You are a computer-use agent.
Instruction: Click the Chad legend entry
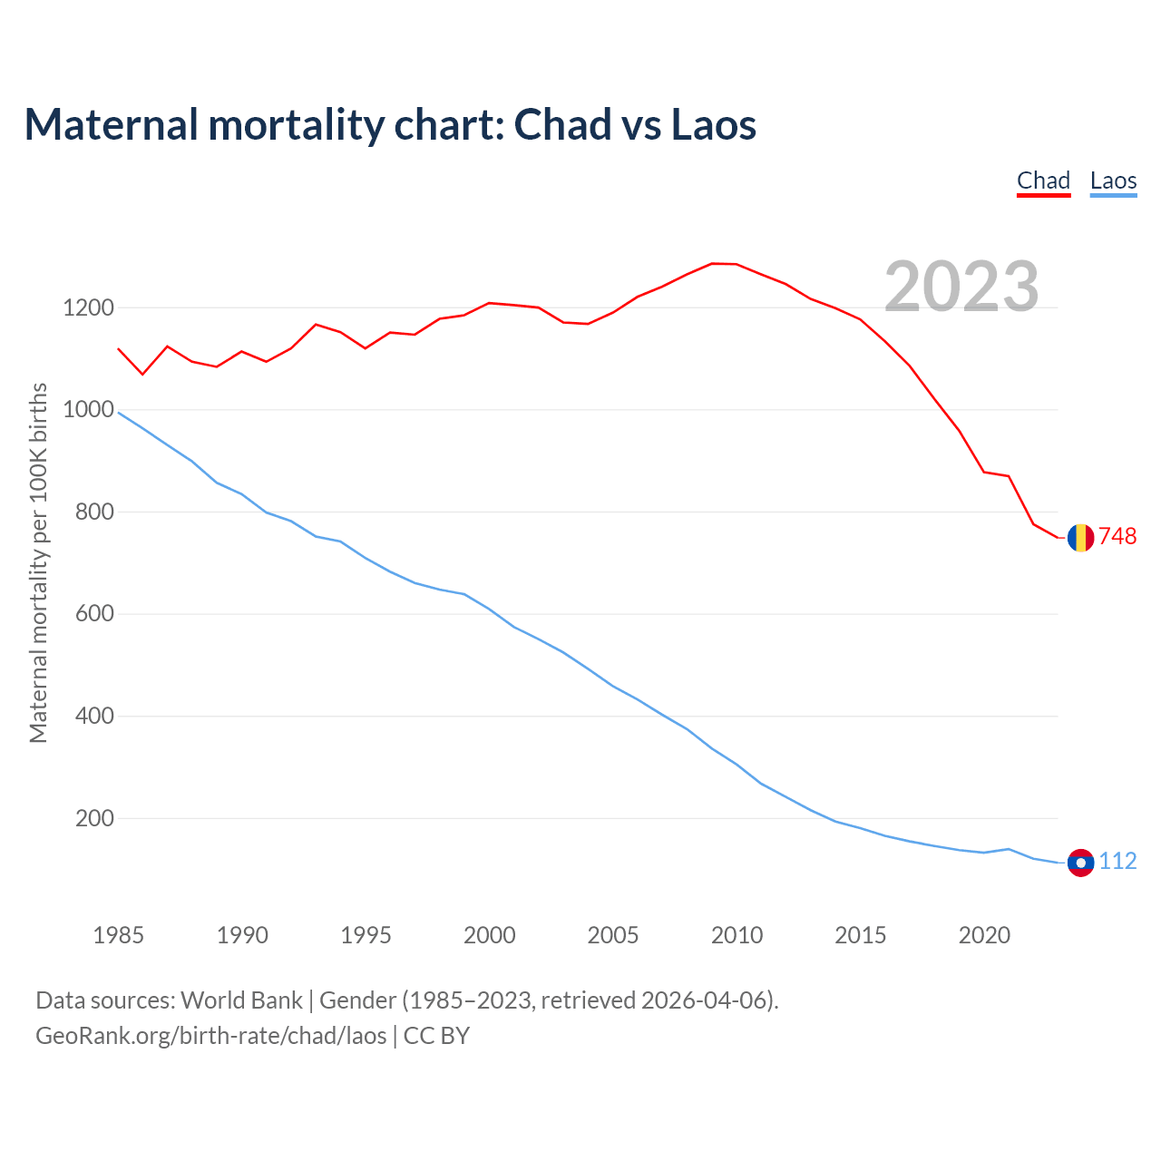point(1043,180)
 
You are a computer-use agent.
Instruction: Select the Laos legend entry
point(1113,180)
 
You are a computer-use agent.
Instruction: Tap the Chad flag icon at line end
point(1080,538)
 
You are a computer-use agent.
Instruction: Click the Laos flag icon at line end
point(1080,863)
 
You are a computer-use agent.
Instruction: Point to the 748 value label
point(1117,537)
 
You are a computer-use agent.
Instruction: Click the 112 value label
point(1117,862)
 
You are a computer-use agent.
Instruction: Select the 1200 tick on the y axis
point(88,308)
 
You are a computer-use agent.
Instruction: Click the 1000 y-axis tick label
point(88,410)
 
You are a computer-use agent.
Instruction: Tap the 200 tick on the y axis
point(94,818)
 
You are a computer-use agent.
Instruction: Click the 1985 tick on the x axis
point(119,935)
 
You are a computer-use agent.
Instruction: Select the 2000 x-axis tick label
point(490,935)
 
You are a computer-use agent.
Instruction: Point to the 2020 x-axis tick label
point(984,935)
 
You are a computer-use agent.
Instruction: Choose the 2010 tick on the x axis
point(737,935)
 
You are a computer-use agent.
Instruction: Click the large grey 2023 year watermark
point(961,287)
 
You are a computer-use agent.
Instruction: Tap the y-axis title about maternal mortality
point(38,562)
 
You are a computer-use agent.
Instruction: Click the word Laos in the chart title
point(713,125)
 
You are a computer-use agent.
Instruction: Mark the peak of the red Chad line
point(713,263)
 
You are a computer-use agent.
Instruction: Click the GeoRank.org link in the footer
point(210,1035)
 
